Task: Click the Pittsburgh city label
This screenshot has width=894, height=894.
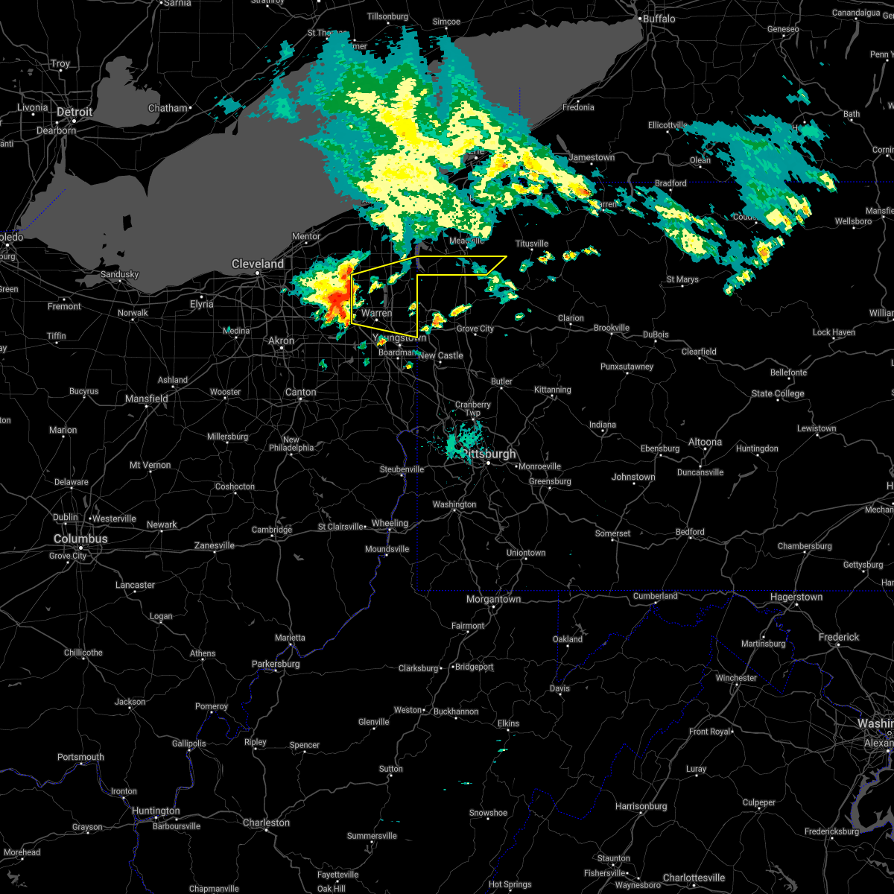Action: click(x=489, y=454)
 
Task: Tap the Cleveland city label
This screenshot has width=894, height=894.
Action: click(x=258, y=264)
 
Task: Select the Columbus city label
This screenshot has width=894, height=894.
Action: click(x=80, y=539)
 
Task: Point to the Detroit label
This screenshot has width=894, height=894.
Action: click(x=74, y=112)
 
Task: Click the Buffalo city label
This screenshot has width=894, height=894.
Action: click(x=659, y=19)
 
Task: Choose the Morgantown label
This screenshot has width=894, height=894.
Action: click(x=493, y=599)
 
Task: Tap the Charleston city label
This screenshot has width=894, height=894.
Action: click(x=266, y=822)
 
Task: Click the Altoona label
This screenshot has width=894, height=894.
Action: click(x=705, y=442)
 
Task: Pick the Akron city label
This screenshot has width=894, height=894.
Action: click(x=281, y=340)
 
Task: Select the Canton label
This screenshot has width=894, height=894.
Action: click(x=301, y=392)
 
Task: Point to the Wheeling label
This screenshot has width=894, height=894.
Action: click(x=390, y=523)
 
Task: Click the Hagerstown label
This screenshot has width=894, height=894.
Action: click(x=796, y=597)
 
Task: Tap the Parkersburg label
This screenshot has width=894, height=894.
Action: click(x=276, y=664)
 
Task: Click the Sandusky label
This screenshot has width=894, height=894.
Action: click(x=120, y=274)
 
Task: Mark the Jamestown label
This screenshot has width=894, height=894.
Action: click(x=592, y=157)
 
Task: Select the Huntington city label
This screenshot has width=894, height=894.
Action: click(x=156, y=811)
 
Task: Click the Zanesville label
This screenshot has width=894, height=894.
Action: click(x=215, y=545)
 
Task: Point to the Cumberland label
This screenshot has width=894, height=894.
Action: click(x=656, y=595)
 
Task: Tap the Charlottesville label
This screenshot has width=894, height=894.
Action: click(x=694, y=877)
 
